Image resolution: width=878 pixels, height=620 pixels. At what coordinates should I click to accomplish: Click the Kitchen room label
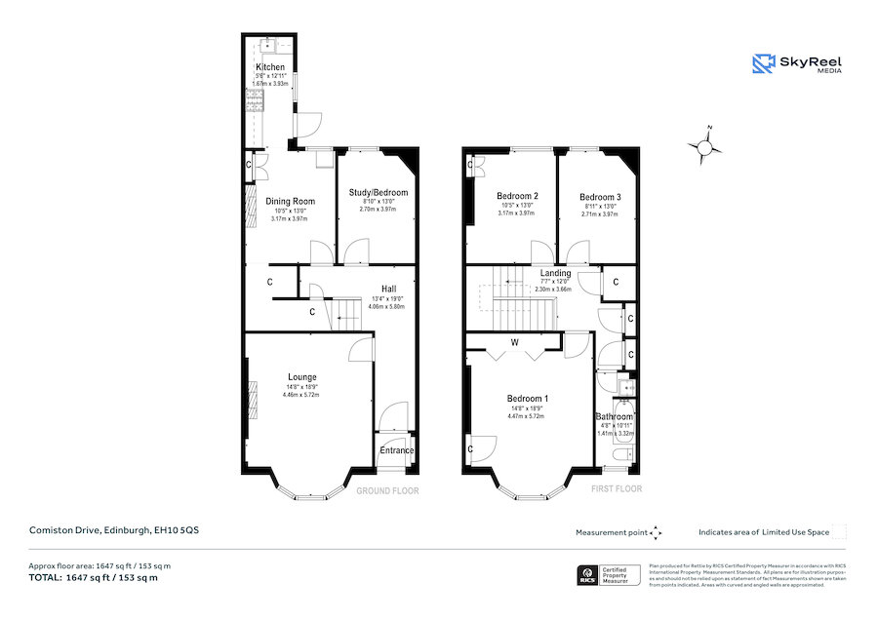pos(270,67)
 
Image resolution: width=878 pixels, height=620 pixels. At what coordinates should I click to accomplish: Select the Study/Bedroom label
pos(379,193)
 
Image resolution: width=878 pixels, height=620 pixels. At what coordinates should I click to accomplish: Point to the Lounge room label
pos(302,377)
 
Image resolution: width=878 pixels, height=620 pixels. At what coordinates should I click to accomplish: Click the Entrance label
pos(397,450)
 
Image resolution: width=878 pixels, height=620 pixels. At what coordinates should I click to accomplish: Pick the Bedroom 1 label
pos(527,399)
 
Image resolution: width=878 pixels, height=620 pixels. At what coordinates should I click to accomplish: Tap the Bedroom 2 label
pos(518,196)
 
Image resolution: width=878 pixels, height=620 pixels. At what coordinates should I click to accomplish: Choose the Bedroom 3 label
pos(600,196)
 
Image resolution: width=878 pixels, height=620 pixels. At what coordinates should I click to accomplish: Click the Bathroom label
pos(615,417)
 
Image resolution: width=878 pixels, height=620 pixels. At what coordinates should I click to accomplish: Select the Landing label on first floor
pos(555,273)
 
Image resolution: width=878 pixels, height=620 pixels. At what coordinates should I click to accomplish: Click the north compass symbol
pos(704,146)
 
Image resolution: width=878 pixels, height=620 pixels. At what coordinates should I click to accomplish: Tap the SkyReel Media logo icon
pos(762,64)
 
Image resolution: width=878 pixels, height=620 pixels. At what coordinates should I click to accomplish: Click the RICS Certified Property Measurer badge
pos(610,575)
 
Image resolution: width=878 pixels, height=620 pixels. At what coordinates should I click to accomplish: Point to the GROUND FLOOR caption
pos(387,490)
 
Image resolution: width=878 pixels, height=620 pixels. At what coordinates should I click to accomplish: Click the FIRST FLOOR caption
pos(617,488)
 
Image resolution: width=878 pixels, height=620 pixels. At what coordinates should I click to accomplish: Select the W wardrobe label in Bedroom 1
pos(513,343)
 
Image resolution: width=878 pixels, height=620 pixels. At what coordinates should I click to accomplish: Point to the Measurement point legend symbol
pos(656,532)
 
